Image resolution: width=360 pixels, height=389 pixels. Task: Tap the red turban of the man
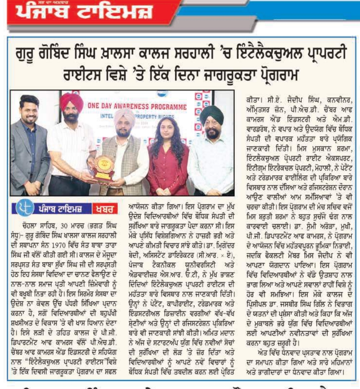click(70, 103)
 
